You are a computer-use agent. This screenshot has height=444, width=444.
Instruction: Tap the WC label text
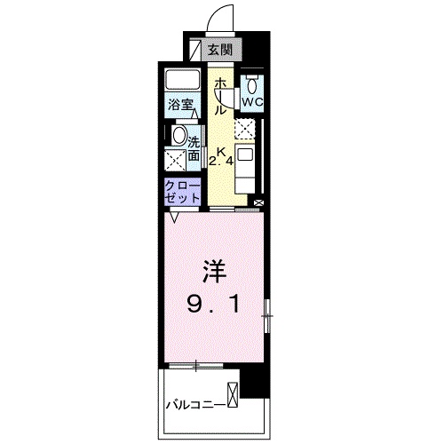(x=253, y=102)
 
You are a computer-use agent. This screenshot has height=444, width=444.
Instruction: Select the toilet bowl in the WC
(x=253, y=85)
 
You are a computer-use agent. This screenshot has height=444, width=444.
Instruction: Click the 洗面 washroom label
(x=193, y=146)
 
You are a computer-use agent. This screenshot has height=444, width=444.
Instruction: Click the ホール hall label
(x=218, y=95)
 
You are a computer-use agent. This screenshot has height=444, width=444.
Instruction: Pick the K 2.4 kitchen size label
(x=221, y=156)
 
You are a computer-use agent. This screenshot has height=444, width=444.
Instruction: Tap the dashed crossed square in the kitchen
(x=245, y=129)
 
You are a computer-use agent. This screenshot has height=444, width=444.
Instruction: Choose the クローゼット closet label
(x=183, y=190)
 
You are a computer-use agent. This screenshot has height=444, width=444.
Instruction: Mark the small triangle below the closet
(x=175, y=215)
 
